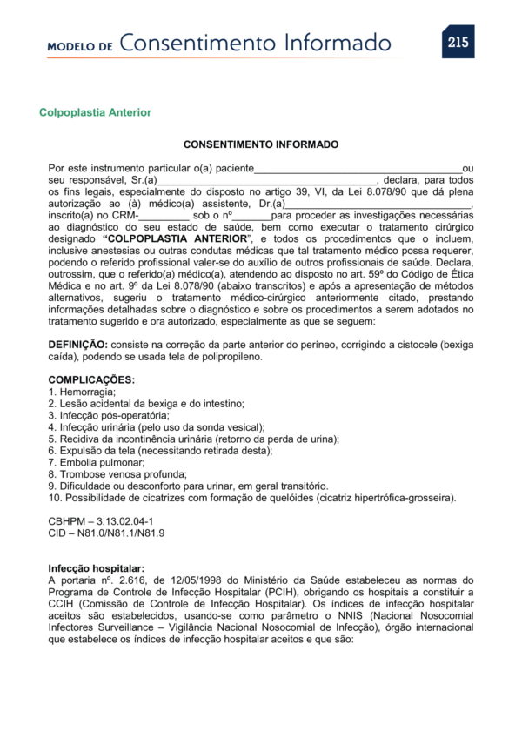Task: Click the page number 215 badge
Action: [x=458, y=42]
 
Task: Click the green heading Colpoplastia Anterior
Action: [x=95, y=113]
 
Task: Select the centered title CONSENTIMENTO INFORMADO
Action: [x=261, y=144]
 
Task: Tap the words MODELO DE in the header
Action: [x=80, y=46]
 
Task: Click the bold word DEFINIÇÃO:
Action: [x=78, y=346]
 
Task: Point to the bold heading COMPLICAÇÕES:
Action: [x=91, y=379]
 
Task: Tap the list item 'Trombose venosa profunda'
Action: [x=115, y=474]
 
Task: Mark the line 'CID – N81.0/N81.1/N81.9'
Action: [x=106, y=533]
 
